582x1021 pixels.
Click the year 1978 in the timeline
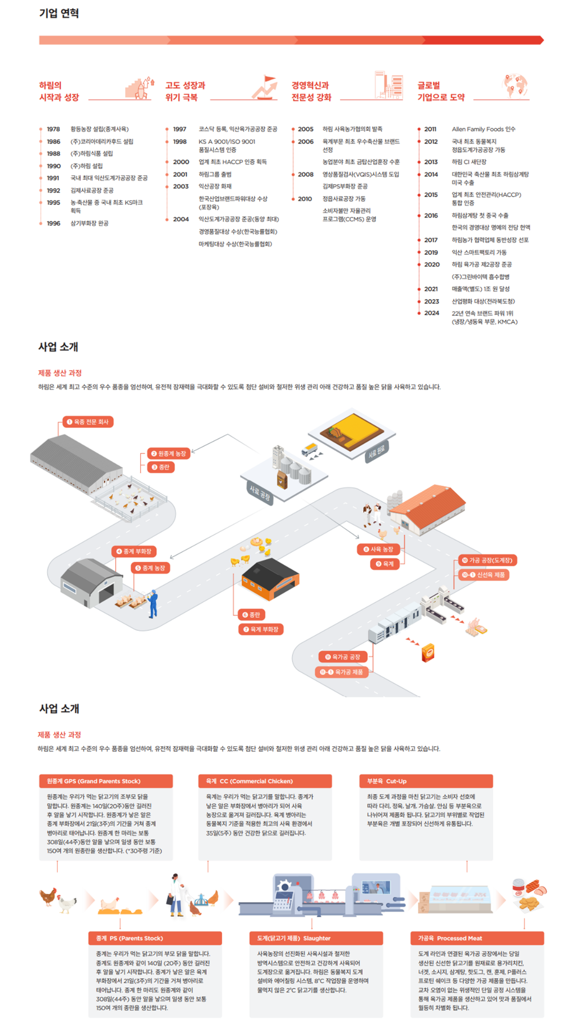coord(53,129)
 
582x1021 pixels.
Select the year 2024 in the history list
coord(432,313)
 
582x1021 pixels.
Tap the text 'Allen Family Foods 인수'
coord(483,129)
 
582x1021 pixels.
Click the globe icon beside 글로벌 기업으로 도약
coord(515,86)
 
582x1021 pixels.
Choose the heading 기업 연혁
coord(59,13)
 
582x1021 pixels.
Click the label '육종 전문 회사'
coord(88,422)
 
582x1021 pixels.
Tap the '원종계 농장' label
coord(169,454)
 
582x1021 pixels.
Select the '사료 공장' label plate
coord(260,494)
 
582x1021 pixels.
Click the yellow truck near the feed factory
coord(309,449)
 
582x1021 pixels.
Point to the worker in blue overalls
coord(153,604)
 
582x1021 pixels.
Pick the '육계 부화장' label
coord(261,629)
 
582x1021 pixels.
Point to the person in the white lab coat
coord(176,894)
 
